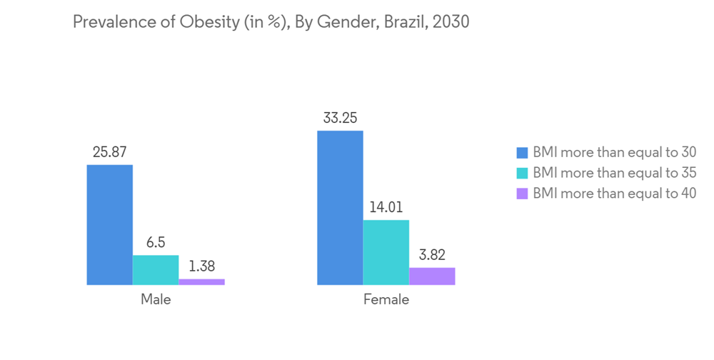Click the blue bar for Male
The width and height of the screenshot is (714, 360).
click(x=110, y=225)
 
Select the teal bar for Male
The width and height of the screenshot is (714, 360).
click(x=156, y=270)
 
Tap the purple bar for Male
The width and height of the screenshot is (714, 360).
click(x=201, y=282)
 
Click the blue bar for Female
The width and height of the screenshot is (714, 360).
click(x=340, y=208)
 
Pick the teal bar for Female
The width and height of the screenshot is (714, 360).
click(x=386, y=252)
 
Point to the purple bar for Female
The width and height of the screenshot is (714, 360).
click(x=432, y=276)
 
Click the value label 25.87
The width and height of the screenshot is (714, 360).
click(x=109, y=152)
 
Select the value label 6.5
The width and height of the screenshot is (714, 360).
click(x=156, y=243)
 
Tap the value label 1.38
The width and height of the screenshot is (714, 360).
click(x=201, y=266)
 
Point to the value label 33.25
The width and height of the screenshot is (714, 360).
click(x=340, y=118)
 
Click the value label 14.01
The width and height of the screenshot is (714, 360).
click(x=386, y=208)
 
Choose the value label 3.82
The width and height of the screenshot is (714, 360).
click(x=432, y=255)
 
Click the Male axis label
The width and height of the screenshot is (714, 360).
click(x=156, y=299)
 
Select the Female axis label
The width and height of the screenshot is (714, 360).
click(x=386, y=299)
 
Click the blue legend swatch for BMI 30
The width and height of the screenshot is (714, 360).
click(x=522, y=153)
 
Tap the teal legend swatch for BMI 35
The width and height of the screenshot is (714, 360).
click(x=522, y=173)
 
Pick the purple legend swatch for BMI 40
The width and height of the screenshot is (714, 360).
click(x=522, y=193)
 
